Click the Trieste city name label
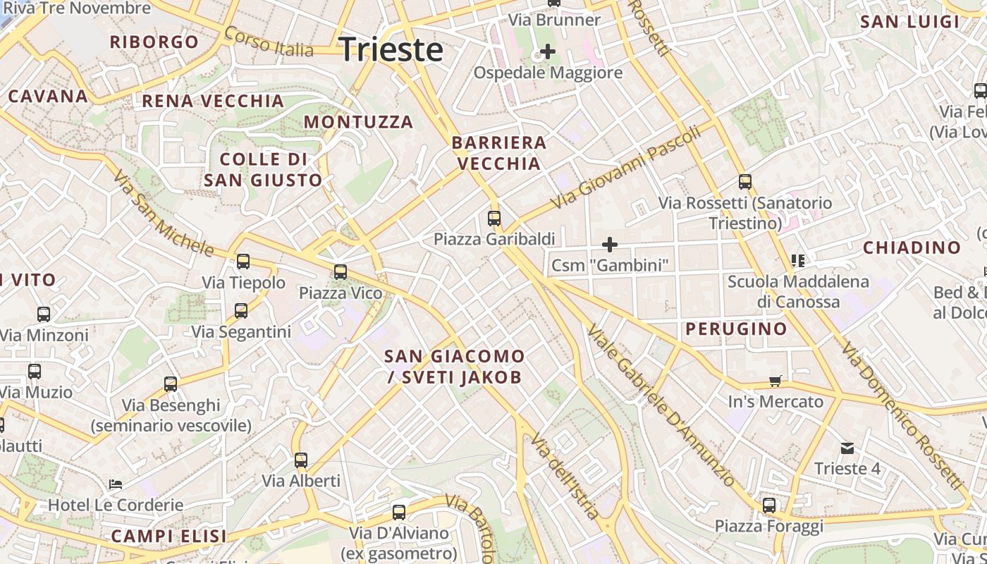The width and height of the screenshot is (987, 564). (x=391, y=50)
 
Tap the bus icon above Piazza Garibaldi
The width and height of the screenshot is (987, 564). (x=494, y=218)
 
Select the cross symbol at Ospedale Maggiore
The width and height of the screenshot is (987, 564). (x=547, y=51)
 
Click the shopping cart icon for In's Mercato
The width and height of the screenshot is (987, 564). (x=775, y=381)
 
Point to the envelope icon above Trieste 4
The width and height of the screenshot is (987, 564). (x=847, y=448)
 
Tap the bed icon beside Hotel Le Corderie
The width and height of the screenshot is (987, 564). (x=116, y=484)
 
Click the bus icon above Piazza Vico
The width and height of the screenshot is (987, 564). (x=341, y=271)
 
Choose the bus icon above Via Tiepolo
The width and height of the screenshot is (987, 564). (x=243, y=262)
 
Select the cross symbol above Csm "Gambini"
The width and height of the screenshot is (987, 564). (x=610, y=245)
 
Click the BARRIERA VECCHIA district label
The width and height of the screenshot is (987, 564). (x=499, y=153)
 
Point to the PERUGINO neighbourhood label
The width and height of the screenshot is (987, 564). (x=736, y=329)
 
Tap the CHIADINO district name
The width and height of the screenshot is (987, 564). (x=912, y=247)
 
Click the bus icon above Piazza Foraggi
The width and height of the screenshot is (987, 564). (x=769, y=505)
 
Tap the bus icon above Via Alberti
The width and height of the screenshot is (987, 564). (x=301, y=460)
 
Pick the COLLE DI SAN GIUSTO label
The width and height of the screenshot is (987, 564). (x=263, y=169)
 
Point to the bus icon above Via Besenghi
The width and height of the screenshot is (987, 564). (x=171, y=384)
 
